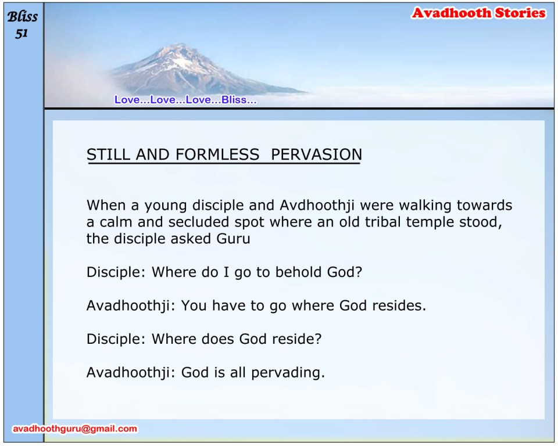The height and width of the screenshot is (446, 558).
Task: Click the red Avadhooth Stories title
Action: pos(478,13)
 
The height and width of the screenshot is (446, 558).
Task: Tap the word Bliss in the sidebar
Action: pos(22,16)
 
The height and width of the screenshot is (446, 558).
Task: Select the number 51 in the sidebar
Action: pos(22,33)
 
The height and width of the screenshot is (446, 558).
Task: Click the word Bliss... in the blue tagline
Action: pos(239,99)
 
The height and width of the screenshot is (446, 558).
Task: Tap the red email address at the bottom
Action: pos(75,429)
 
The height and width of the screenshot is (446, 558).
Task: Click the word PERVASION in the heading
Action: pos(316,154)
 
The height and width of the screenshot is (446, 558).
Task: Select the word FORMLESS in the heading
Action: pos(217,154)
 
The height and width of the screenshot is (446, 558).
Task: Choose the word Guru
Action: pos(234,238)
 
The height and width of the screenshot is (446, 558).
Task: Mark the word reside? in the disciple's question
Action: pos(297,339)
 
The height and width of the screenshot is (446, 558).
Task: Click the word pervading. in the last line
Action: pos(288,373)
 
